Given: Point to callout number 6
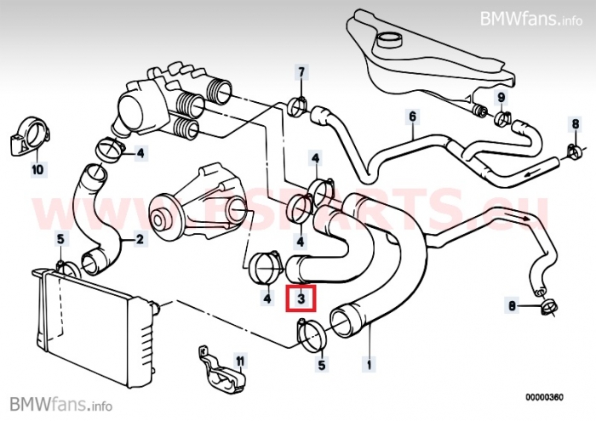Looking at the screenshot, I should (x=412, y=116).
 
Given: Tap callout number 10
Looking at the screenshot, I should (x=37, y=169).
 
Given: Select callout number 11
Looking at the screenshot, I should (x=240, y=361).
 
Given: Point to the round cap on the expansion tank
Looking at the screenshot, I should (x=391, y=40).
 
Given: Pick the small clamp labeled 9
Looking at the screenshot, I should (x=501, y=117).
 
